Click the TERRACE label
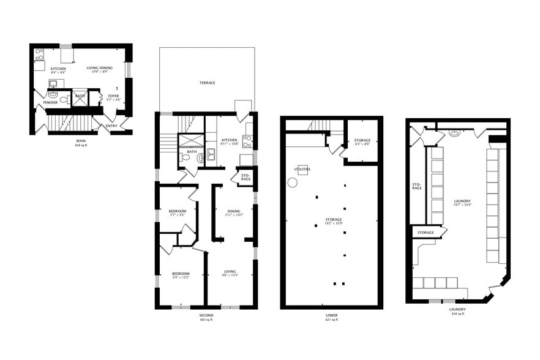[x=207, y=83]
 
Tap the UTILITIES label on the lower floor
[x=302, y=169]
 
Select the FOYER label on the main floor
[x=114, y=96]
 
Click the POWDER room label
[x=50, y=102]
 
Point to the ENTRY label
[x=111, y=126]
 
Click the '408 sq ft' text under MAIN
[x=81, y=146]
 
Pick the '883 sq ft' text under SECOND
[x=206, y=320]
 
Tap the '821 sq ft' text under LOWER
[x=331, y=320]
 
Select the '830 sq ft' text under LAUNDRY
[x=458, y=313]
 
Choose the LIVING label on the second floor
[x=230, y=271]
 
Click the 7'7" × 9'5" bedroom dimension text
[x=178, y=216]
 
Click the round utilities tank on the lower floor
[x=293, y=182]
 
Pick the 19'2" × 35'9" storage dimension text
[x=334, y=223]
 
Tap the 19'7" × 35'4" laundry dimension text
[x=462, y=205]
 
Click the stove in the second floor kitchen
[x=248, y=141]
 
